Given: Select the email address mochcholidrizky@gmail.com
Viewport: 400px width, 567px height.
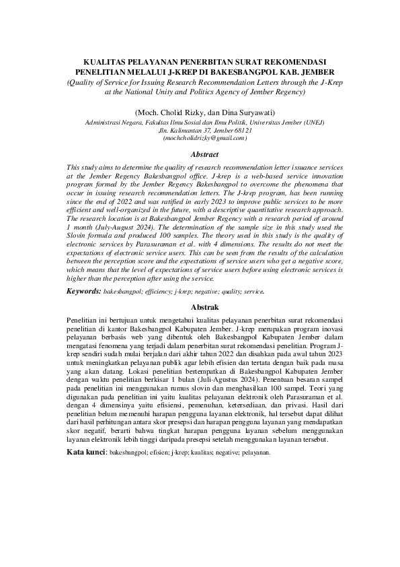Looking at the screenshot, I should tap(200, 137).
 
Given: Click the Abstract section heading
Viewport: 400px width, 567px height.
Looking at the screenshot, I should tap(200, 154).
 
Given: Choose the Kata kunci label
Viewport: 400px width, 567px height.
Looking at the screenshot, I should tap(86, 453).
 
